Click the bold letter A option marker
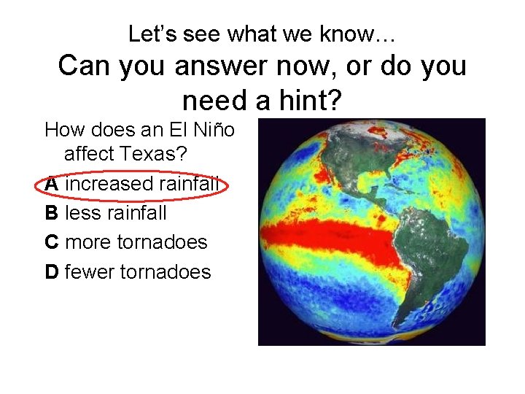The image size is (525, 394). click(52, 184)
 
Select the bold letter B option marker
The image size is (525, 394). click(52, 213)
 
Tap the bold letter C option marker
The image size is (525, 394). click(52, 242)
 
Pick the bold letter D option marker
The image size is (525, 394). click(52, 272)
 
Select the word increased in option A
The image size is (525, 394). click(107, 184)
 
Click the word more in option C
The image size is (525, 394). click(88, 242)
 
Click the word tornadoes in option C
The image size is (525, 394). click(162, 242)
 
